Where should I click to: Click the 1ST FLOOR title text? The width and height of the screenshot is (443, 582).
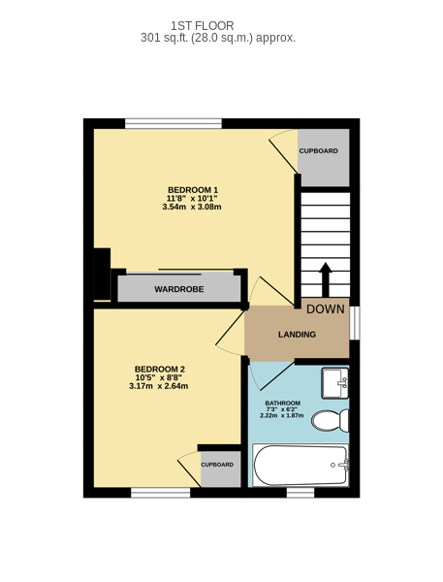pos(203,25)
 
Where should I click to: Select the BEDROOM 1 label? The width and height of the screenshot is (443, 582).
pos(193,190)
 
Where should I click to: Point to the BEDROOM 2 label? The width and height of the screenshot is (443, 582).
pos(160,370)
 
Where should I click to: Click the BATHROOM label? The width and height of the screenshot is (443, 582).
pos(283,404)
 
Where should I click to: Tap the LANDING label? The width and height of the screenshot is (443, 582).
pos(298,335)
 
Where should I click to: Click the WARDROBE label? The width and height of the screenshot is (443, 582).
pos(179,289)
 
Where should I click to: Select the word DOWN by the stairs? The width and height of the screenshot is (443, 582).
pos(326,309)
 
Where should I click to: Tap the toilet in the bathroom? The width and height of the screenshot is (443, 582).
pos(330,421)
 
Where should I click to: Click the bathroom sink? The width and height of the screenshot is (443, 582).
pos(334,383)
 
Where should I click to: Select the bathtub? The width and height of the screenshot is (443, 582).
pos(301,465)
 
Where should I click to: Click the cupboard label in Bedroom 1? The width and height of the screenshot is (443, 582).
pos(319,151)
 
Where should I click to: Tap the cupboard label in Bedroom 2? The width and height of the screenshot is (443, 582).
pos(217,465)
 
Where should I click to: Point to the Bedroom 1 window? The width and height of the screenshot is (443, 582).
pos(174,123)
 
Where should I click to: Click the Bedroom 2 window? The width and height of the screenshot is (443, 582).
pos(161,493)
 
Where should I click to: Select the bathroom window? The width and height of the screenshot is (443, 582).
pos(301,493)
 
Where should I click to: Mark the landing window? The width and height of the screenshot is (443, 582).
pos(355,323)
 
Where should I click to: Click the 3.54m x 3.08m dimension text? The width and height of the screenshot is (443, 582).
pos(192,207)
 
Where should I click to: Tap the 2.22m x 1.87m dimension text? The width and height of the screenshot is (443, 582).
pos(282,416)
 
